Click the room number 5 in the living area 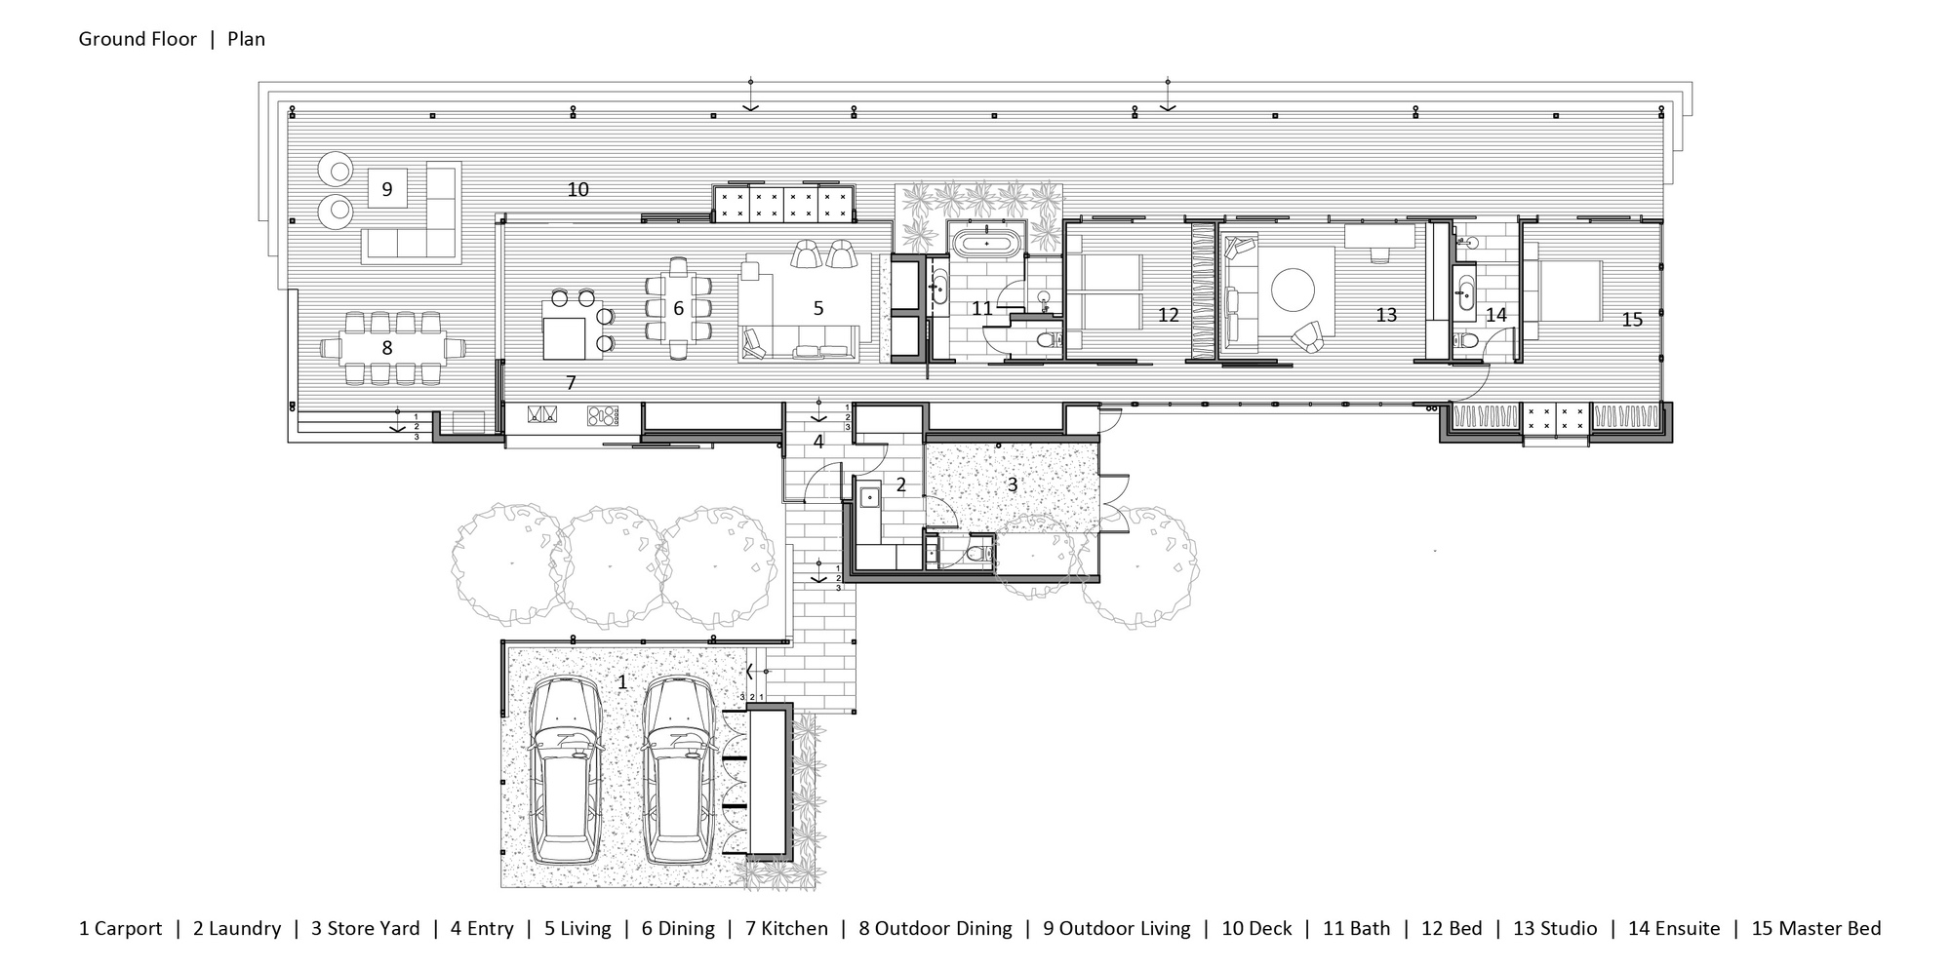(x=818, y=308)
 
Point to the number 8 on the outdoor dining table (x=387, y=347)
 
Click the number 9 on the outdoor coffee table (x=387, y=189)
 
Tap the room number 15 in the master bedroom (x=1632, y=319)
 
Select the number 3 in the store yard (x=1013, y=484)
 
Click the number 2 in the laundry (x=900, y=484)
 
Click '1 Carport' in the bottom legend (x=120, y=929)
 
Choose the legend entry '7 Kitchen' (x=786, y=929)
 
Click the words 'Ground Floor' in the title (x=138, y=39)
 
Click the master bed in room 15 (x=1565, y=290)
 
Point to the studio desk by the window (x=1378, y=235)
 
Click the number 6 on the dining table (x=678, y=308)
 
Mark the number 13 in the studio (x=1386, y=315)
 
